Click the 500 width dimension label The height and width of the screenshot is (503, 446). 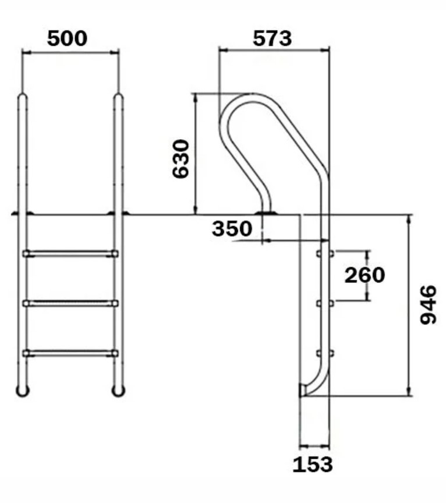tap(67, 38)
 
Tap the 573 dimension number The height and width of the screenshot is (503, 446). tap(272, 38)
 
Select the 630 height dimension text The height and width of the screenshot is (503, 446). tap(180, 158)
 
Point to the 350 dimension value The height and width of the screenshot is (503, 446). tap(232, 229)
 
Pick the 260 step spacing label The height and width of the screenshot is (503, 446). tap(364, 275)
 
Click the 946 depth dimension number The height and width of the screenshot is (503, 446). tap(429, 305)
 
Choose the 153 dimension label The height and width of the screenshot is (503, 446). tap(313, 464)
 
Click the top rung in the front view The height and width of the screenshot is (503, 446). tap(70, 254)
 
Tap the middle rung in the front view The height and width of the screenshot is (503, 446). tap(70, 303)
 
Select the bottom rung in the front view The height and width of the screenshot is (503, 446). tap(70, 353)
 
